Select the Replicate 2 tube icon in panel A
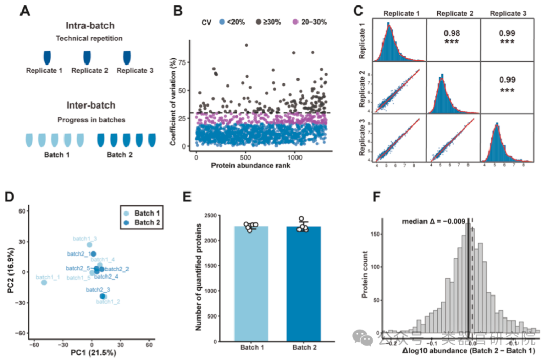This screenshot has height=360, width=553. tap(90, 56)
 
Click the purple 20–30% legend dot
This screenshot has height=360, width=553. tap(295, 22)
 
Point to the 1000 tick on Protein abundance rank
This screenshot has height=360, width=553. tap(294, 157)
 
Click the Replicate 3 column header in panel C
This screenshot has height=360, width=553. tap(507, 12)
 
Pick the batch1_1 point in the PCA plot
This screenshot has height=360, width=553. tap(44, 282)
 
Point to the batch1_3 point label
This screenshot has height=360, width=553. tap(84, 238)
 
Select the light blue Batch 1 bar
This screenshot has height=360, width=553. tap(251, 282)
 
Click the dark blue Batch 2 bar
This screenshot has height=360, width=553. tap(304, 282)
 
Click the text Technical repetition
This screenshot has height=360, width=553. tap(90, 38)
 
